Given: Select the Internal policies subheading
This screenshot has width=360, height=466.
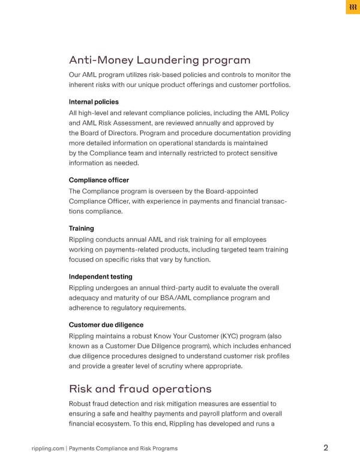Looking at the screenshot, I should (94, 102).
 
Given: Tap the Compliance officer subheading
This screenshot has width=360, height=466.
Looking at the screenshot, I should (99, 180).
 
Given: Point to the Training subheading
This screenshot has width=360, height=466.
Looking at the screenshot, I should (81, 229).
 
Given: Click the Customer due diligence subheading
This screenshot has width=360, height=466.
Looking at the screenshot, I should (106, 325).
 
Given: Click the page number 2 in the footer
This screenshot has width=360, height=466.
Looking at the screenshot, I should (325, 448).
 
